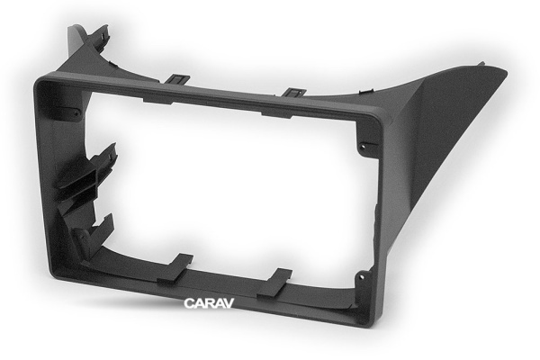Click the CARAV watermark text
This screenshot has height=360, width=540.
click(209, 303)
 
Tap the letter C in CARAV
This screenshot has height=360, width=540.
click(189, 303)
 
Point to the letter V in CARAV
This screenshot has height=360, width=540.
click(229, 303)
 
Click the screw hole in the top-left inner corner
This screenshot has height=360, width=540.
click(76, 112)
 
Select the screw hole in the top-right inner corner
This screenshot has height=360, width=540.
click(363, 147)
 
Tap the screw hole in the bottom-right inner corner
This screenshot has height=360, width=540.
click(361, 276)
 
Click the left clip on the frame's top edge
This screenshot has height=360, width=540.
click(177, 79)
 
